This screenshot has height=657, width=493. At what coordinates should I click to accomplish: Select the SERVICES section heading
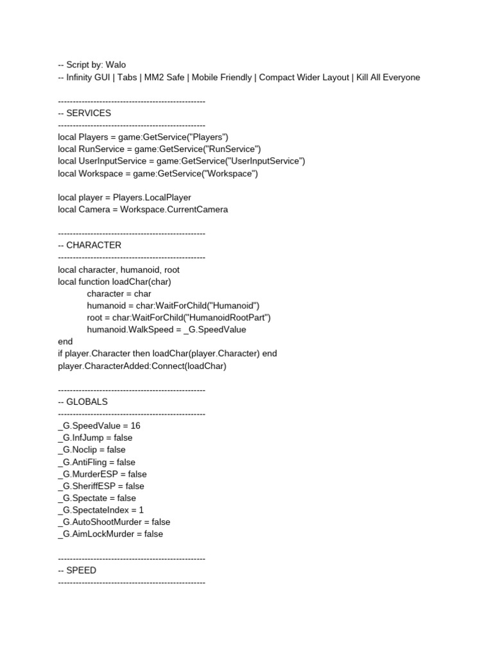click(x=89, y=113)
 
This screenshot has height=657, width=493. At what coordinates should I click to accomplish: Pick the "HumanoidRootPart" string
click(x=228, y=317)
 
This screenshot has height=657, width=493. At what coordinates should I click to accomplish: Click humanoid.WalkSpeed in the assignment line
click(x=130, y=329)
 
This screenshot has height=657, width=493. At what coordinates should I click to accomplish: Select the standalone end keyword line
click(x=65, y=341)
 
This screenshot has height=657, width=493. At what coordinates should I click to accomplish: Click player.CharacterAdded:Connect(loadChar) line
click(x=142, y=366)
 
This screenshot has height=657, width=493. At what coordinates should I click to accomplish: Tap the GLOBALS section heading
click(x=87, y=402)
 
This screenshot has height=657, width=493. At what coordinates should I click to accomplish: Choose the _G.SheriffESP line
click(x=101, y=486)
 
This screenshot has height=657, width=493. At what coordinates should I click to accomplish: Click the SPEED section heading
click(x=82, y=570)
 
